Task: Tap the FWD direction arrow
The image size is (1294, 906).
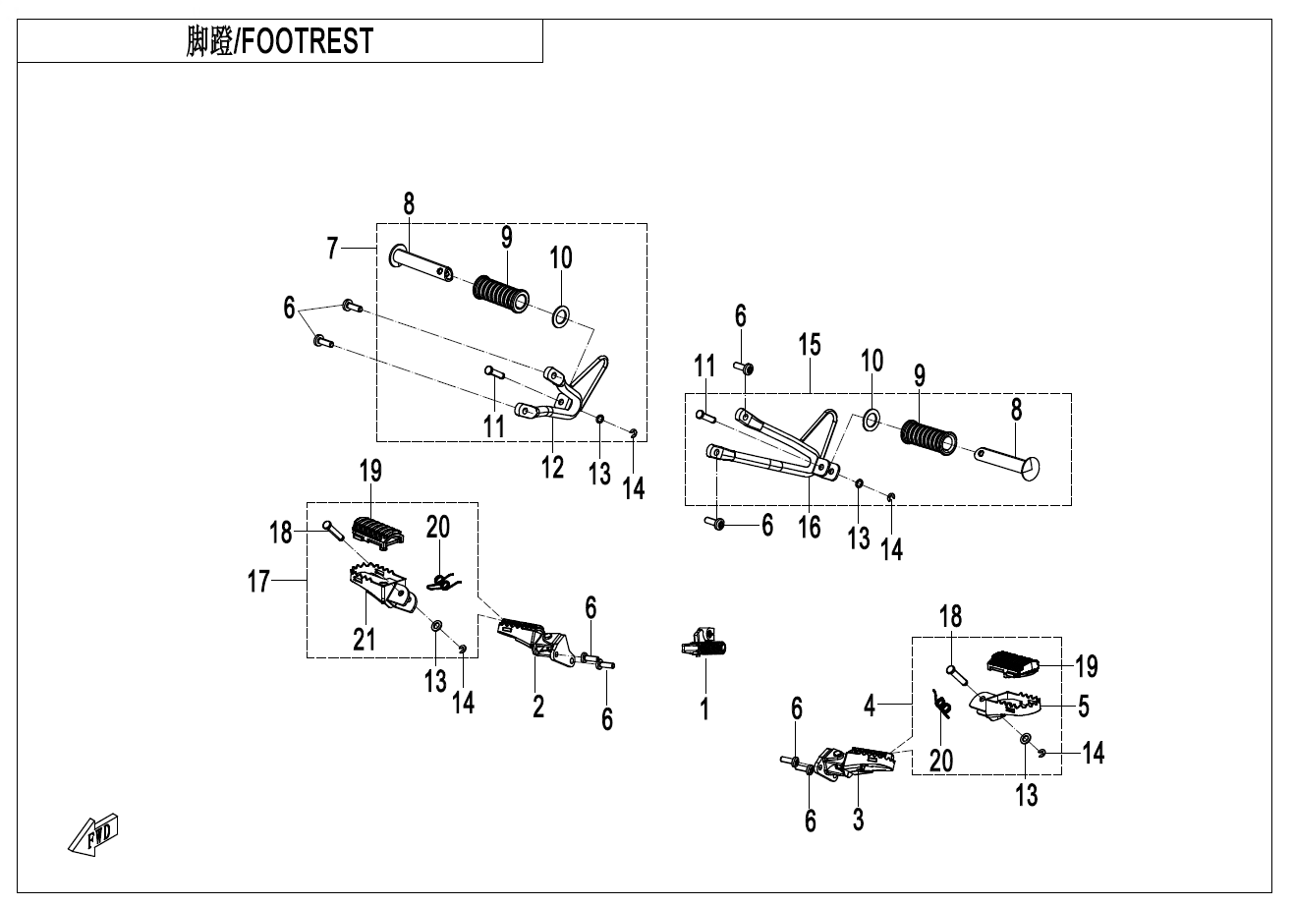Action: [94, 832]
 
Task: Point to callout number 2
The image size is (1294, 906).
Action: [538, 705]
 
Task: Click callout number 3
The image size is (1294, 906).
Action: [858, 819]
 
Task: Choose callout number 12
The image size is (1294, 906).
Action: [553, 467]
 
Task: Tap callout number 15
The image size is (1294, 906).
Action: [810, 345]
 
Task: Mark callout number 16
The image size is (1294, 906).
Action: [810, 527]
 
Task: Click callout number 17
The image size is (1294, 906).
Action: [258, 582]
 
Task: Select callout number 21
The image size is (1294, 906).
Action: [365, 639]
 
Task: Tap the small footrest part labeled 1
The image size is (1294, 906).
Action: [710, 647]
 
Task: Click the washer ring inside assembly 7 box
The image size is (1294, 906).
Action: [561, 315]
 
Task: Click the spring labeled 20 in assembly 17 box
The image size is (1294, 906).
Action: [441, 582]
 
